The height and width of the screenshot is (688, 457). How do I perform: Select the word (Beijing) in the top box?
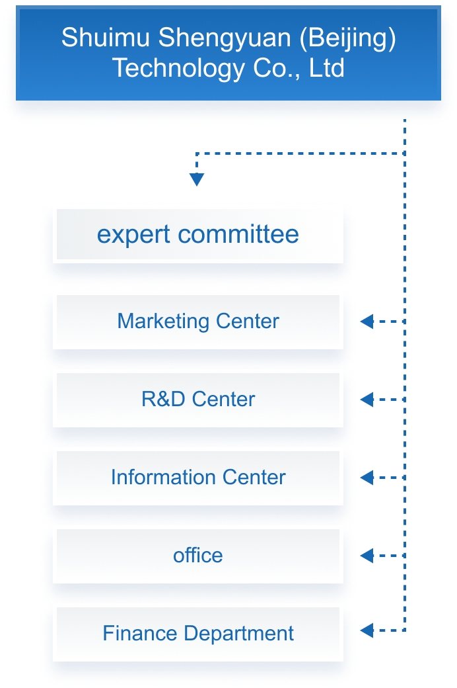coord(348,38)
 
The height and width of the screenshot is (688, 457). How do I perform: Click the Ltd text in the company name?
coord(327,68)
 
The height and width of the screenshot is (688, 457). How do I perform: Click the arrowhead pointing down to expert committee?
coord(197,179)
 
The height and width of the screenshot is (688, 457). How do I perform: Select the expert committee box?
coord(198,234)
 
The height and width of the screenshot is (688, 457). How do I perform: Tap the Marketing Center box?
coord(198,322)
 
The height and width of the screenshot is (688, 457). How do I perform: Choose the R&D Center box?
coord(198,400)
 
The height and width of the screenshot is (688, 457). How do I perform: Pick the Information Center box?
coord(198,478)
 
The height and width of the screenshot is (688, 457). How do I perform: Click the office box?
coord(198,556)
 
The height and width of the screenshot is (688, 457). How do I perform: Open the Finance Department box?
coord(198,634)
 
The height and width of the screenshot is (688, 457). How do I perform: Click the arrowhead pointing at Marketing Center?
coord(367,322)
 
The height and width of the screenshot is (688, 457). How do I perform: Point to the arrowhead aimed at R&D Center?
coord(367,400)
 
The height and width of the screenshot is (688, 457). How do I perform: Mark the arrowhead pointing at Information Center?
coord(367,478)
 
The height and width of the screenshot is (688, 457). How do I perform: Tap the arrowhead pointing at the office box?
coord(367,556)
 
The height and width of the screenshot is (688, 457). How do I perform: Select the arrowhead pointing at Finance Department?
coord(367,631)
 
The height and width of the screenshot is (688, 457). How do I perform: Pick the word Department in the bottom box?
coord(239,634)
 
